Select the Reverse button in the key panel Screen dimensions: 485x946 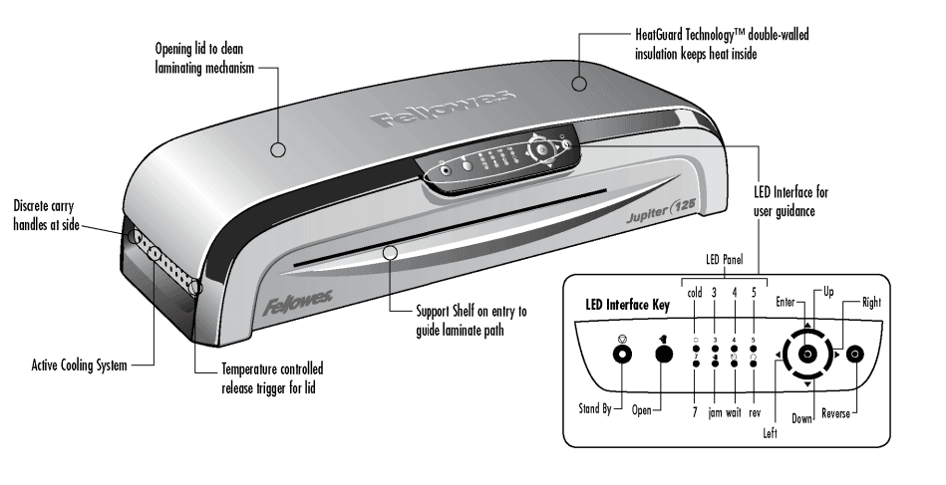[x=854, y=355]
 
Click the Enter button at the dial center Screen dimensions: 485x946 [x=806, y=355]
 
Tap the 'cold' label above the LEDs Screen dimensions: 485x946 [x=696, y=293]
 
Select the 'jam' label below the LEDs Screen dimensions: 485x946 [x=715, y=410]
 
